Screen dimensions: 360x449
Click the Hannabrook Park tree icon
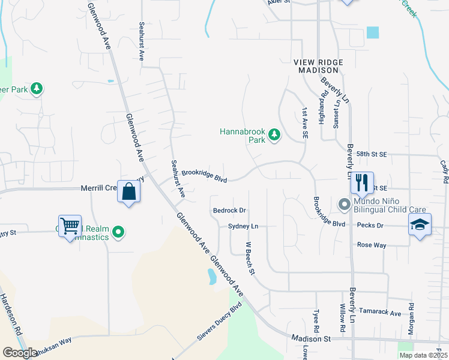point(274,135)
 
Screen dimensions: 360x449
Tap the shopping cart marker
point(70,226)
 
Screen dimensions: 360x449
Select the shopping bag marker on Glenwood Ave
point(129,192)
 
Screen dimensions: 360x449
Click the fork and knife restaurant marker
point(361,182)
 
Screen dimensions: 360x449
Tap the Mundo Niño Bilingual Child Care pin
point(345,205)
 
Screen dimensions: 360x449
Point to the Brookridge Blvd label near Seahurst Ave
point(204,175)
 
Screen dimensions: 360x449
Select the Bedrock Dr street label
point(230,211)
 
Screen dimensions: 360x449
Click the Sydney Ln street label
point(243,226)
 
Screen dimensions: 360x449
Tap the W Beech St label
point(250,258)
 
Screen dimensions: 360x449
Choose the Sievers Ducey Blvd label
point(219,322)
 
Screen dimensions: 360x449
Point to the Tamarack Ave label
point(379,313)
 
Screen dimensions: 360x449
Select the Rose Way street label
point(372,245)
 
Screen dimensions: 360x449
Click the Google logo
point(20,353)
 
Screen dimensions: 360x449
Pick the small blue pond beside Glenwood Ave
point(211,277)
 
